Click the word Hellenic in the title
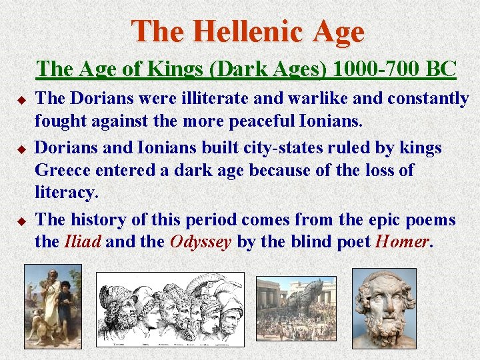(x=249, y=31)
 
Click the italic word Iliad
(x=83, y=241)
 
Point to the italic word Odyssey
(x=201, y=241)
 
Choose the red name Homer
(x=402, y=241)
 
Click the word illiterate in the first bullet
(x=211, y=99)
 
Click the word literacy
(x=66, y=193)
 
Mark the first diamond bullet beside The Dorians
(x=21, y=100)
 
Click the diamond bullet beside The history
(x=21, y=220)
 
